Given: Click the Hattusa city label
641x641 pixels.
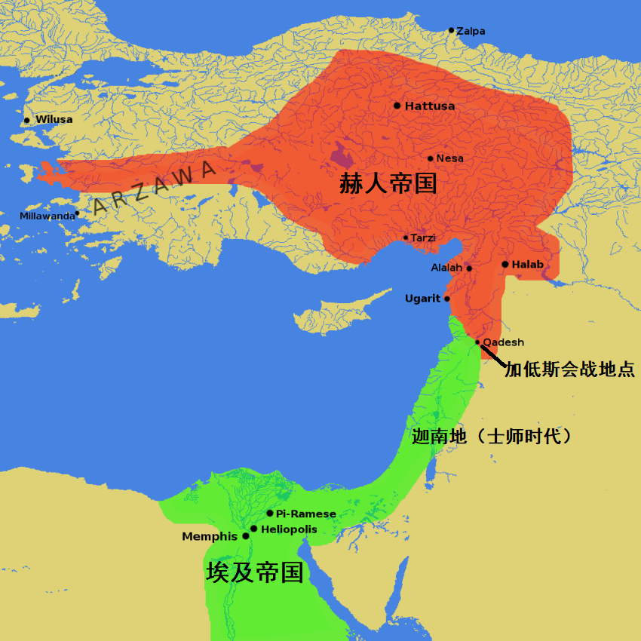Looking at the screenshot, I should [x=430, y=106].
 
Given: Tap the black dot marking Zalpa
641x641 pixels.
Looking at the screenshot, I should [x=451, y=30].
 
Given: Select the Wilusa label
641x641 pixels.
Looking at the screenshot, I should [x=54, y=120].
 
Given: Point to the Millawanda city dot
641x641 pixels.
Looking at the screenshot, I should [x=77, y=213].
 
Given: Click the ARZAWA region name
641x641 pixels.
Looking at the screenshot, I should [x=154, y=188].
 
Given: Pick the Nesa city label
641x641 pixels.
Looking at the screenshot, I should [x=450, y=158].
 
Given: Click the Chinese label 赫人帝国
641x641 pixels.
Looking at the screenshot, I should [x=388, y=184].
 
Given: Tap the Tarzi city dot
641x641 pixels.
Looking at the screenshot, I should [x=406, y=238].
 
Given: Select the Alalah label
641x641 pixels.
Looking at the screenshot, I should [x=446, y=268].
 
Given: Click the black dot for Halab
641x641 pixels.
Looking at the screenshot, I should [x=505, y=264].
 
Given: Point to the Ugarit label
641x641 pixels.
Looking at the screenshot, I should [x=422, y=299].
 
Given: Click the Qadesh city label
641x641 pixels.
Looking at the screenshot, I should [x=503, y=342].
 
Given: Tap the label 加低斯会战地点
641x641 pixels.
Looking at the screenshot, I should [x=569, y=370].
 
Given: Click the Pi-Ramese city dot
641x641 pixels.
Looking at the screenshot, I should [x=270, y=513].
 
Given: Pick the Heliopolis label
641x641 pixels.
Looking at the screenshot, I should [x=289, y=529].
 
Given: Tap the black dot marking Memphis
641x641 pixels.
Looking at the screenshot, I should [x=246, y=536].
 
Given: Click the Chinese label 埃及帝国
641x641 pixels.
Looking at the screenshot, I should [x=255, y=572].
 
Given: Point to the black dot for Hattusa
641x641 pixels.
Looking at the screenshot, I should [x=397, y=106].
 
